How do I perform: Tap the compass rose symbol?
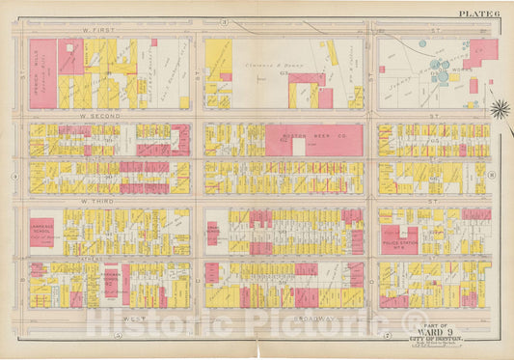pos(500,107)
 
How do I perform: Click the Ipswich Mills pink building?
pos(43,73)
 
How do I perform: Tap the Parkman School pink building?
pos(213,233)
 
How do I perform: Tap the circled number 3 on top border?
pos(223,20)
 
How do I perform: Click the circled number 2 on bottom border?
pos(387,337)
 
